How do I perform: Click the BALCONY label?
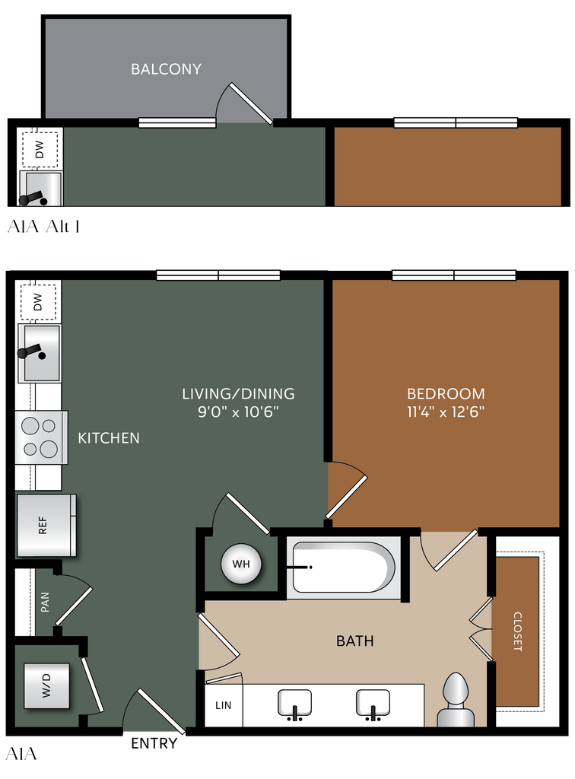coord(166,68)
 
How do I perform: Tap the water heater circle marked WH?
coord(241,564)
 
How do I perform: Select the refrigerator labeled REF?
coord(46,525)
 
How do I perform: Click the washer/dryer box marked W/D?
coord(46,685)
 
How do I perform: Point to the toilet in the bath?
coord(456,700)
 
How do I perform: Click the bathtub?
coord(344,568)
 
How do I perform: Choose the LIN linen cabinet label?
coord(223,705)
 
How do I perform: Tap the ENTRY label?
coord(154,743)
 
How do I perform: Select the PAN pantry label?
coord(45,602)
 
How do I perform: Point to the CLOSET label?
coord(517,631)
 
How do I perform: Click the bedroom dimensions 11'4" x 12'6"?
coord(446,412)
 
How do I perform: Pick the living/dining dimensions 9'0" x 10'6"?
coord(238,412)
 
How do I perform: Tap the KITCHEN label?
coord(109,437)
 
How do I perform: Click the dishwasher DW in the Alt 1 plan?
coord(40,149)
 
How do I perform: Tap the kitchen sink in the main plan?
coord(40,353)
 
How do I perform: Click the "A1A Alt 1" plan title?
coord(43,227)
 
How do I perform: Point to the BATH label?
coord(355,641)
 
